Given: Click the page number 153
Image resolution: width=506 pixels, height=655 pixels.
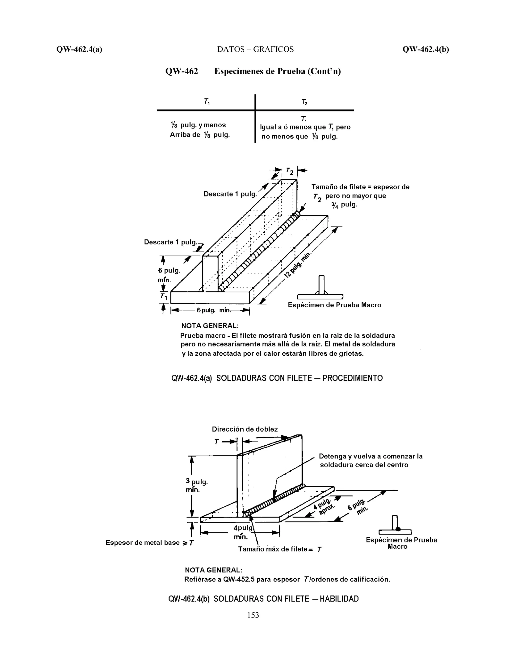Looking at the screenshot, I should coord(253,615).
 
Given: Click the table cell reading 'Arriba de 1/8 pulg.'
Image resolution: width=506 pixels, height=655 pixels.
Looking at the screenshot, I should coord(200,135).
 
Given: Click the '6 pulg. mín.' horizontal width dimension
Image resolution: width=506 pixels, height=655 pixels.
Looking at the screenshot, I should coord(213,310).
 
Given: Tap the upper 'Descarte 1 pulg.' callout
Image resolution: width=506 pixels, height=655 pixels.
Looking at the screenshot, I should coord(230,194).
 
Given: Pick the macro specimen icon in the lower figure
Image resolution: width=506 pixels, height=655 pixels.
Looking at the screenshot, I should coord(395,524).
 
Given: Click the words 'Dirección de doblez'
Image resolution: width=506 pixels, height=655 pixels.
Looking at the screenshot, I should coord(245,429).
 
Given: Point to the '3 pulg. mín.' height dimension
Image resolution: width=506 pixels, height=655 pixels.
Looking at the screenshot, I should coord(196,485).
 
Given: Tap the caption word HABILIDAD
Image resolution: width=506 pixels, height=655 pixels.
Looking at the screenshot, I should coord(339,599).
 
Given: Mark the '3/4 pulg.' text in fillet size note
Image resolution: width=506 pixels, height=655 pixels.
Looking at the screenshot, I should coord(344,205).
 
